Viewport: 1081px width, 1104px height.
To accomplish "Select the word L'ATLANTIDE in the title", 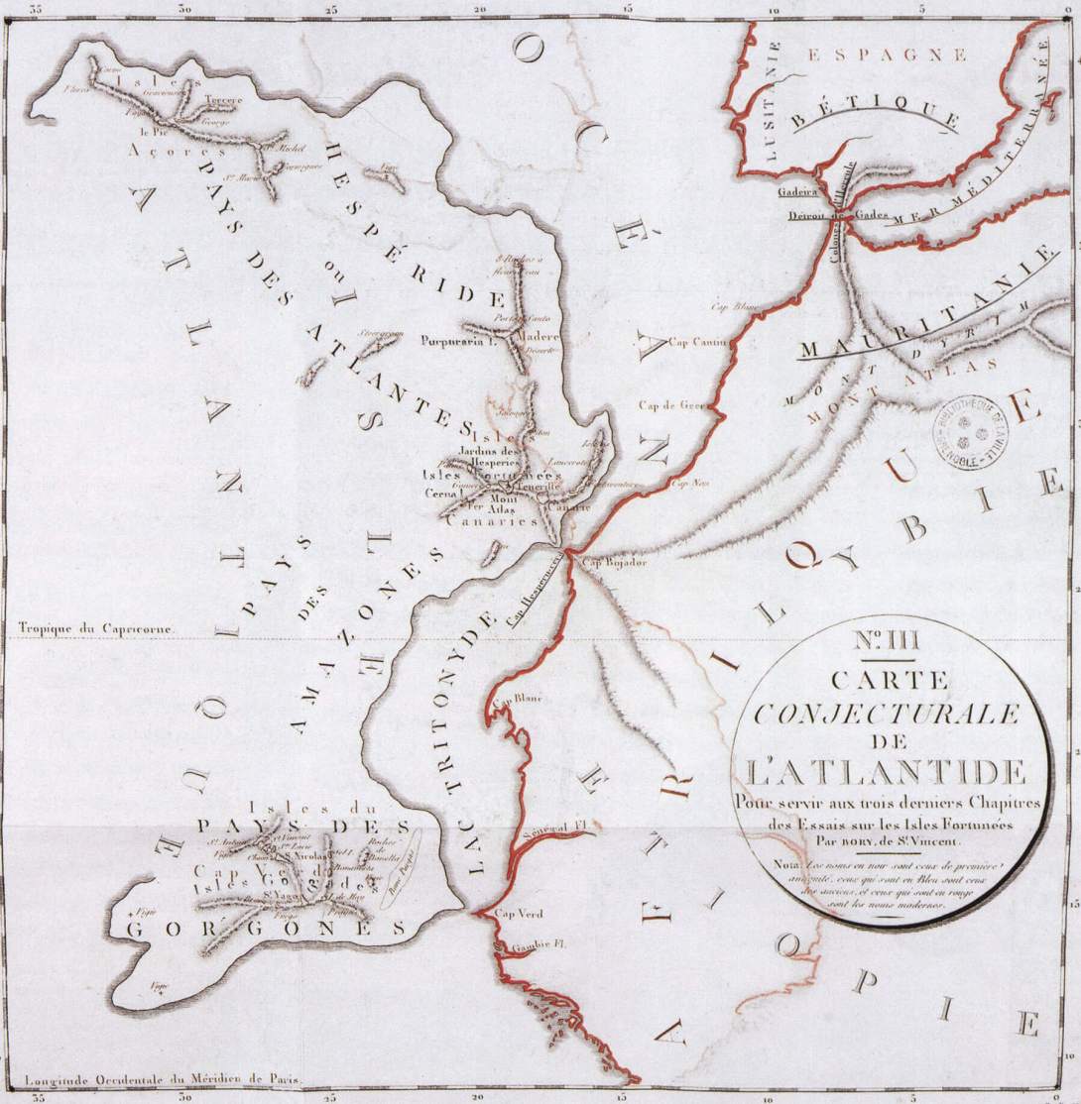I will (889, 770).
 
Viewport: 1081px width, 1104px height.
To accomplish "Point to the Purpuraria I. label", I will (457, 340).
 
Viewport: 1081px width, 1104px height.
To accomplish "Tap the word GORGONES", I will (263, 929).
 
